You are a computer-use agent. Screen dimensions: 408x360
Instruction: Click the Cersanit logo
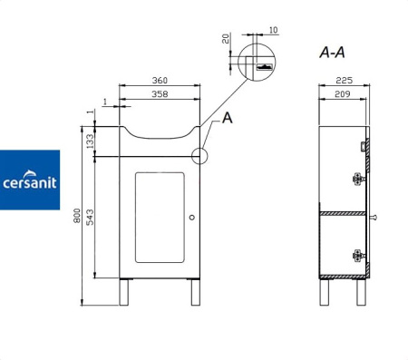coord(30,180)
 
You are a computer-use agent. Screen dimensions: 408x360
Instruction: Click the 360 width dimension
coord(160,81)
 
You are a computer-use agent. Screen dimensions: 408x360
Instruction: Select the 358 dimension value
coord(160,94)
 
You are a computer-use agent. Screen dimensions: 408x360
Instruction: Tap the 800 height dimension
coord(77,216)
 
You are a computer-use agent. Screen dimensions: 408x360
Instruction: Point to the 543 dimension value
coord(90,217)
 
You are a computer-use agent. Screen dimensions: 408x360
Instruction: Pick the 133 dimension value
coord(90,141)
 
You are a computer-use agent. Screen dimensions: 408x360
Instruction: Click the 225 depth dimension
coord(345,81)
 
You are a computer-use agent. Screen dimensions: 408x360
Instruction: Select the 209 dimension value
coord(343,94)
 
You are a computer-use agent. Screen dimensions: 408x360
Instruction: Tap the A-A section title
coord(332,53)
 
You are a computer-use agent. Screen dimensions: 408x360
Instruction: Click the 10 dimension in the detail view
coord(273,30)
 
